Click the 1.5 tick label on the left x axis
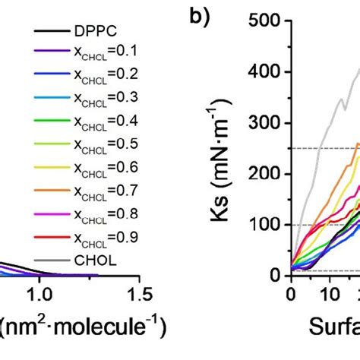(x=137, y=293)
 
